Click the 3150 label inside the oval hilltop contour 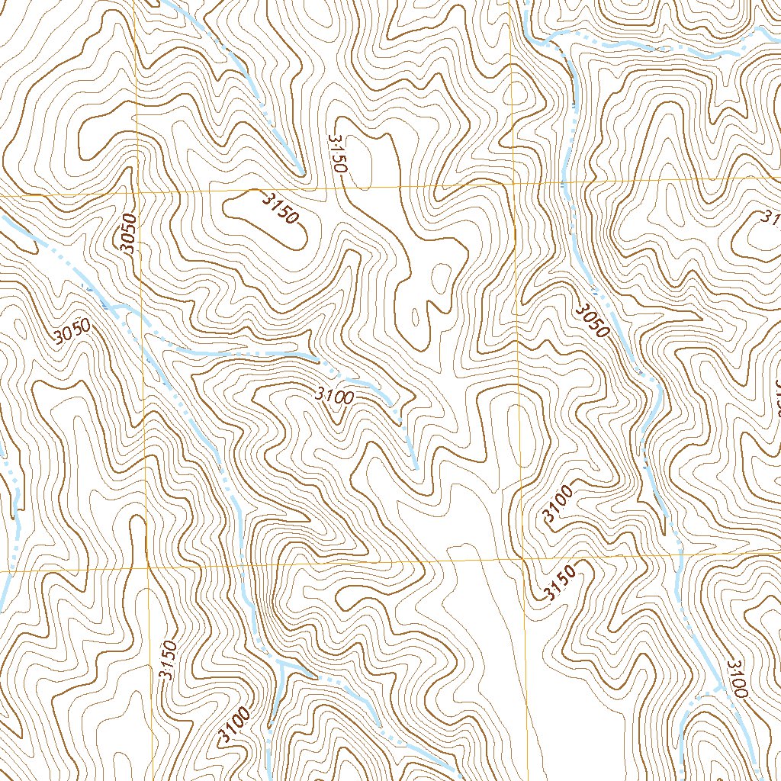point(279,208)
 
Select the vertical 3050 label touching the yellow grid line point(128,233)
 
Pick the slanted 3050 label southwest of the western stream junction point(72,333)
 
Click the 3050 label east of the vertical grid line point(592,320)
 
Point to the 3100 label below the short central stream point(334,397)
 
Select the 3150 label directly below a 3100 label point(561,584)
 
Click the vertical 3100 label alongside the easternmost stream point(737,679)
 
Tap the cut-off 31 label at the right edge point(770,218)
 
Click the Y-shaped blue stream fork point(281,665)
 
